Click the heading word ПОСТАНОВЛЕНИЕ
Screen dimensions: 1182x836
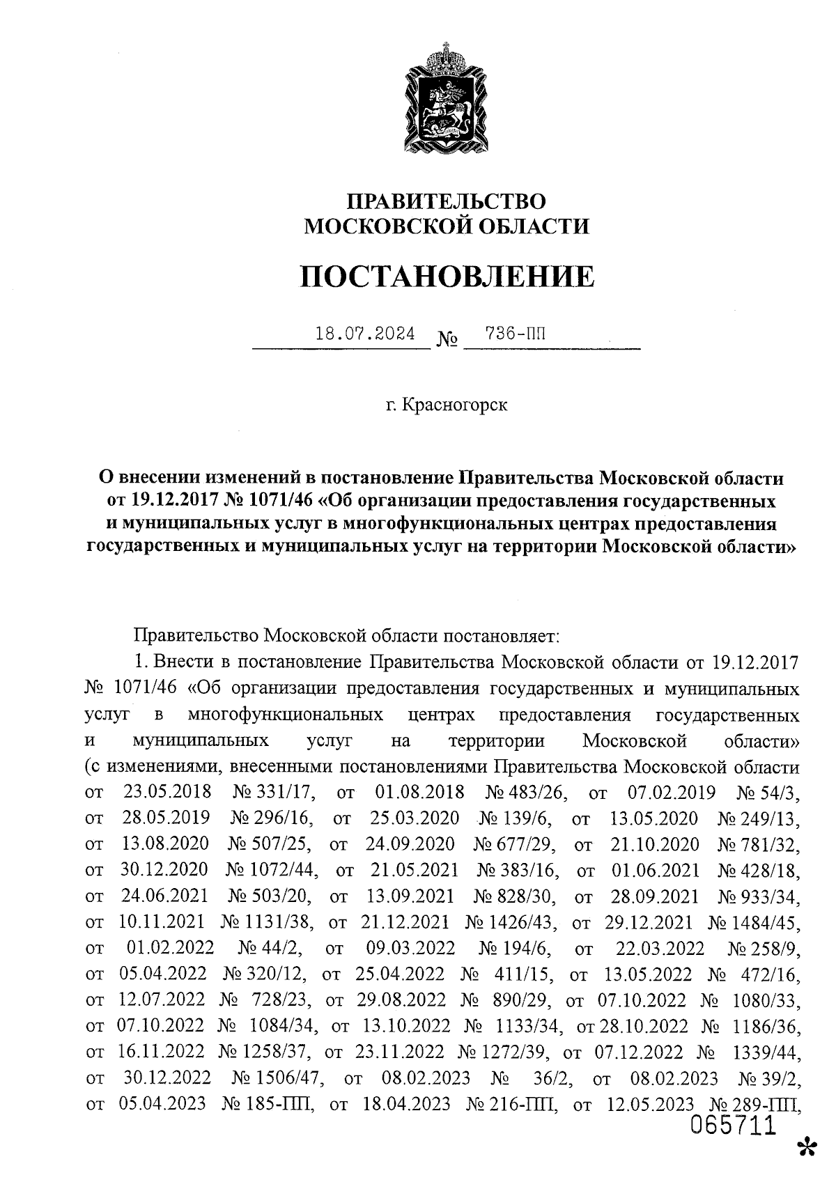[x=447, y=277]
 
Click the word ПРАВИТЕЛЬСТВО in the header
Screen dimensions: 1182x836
[x=447, y=201]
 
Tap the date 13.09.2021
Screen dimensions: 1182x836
[x=410, y=896]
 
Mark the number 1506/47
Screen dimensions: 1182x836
[x=286, y=1078]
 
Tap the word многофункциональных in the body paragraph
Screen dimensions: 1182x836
[x=286, y=715]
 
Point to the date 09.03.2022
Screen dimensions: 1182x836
[x=410, y=948]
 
